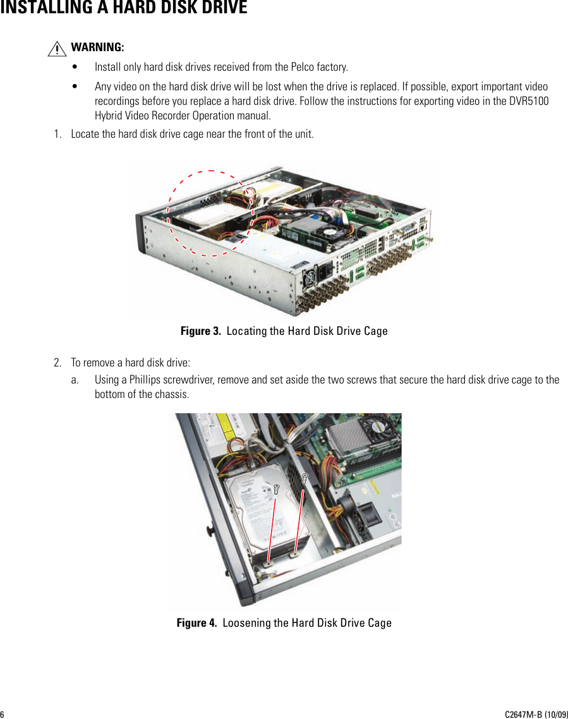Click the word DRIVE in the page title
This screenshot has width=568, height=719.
tap(219, 8)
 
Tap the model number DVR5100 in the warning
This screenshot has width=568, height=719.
tap(528, 101)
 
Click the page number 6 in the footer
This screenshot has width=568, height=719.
tap(3, 714)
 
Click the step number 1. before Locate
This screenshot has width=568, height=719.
tap(58, 134)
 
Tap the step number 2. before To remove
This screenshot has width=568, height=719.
tap(58, 363)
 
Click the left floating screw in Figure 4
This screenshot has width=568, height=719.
tap(277, 488)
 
